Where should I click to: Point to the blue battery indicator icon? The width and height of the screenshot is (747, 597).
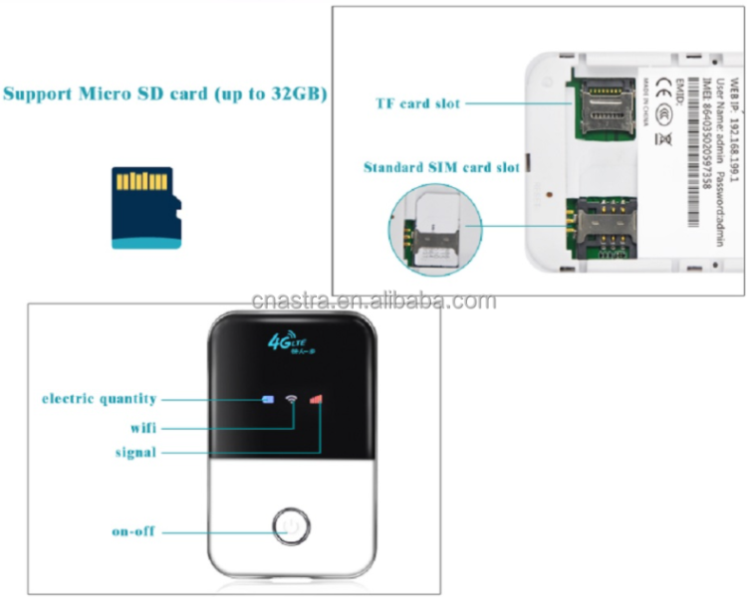[x=267, y=400]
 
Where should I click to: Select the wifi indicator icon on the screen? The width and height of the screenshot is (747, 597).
[x=292, y=400]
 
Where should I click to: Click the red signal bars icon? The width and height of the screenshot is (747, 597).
[x=316, y=400]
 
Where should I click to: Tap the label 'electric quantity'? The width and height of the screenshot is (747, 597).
[x=99, y=399]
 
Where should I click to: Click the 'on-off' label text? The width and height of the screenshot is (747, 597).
[x=134, y=531]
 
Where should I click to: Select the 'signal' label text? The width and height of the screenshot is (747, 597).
[x=134, y=453]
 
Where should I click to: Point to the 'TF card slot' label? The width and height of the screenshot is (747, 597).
[x=416, y=102]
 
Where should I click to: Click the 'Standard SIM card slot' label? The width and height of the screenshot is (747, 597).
[x=441, y=167]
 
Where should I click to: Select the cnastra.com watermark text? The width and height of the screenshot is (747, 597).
[x=373, y=300]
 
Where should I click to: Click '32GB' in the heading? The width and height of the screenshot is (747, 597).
[x=300, y=95]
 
